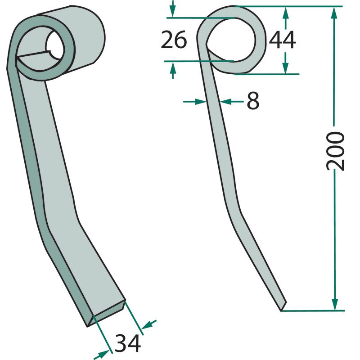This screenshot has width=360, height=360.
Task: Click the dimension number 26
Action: pyautogui.click(x=174, y=40)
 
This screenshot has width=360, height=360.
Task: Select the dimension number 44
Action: pyautogui.click(x=282, y=40)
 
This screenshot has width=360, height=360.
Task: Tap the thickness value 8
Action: pyautogui.click(x=253, y=101)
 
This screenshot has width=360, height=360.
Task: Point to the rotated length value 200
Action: pyautogui.click(x=335, y=151)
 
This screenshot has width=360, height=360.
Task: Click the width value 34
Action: pyautogui.click(x=128, y=343)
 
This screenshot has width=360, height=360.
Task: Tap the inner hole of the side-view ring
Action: pyautogui.click(x=231, y=40)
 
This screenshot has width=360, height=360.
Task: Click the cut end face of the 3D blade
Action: pyautogui.click(x=107, y=313)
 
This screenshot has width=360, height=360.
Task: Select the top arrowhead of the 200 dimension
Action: pyautogui.click(x=334, y=13)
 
